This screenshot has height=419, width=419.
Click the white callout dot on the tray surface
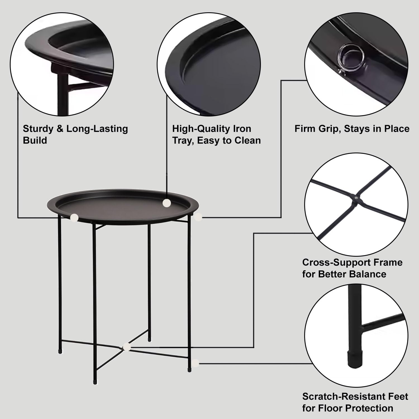[167, 203]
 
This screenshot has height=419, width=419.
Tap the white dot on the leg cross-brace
[127, 347]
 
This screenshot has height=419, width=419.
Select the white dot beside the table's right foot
[196, 363]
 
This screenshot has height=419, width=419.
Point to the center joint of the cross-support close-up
[356, 198]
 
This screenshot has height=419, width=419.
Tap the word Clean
[247, 140]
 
